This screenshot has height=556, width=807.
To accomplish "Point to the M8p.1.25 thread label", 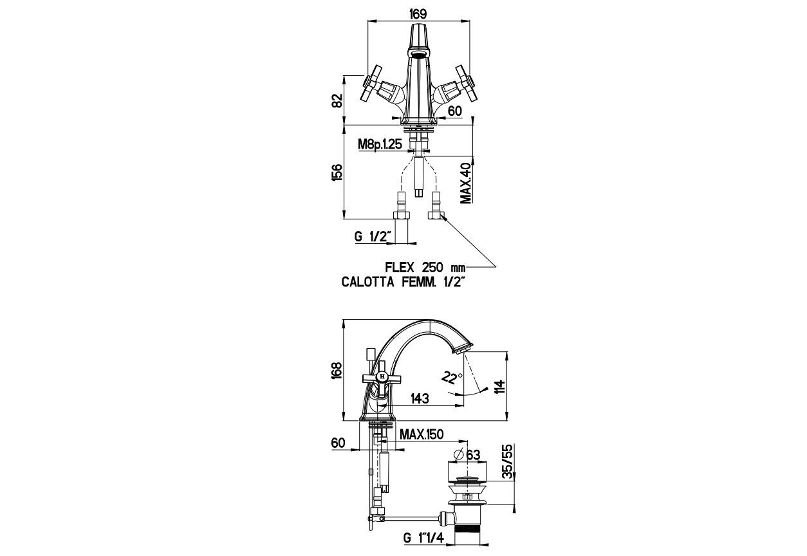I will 381,145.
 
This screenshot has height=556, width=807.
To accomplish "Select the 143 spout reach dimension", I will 419,399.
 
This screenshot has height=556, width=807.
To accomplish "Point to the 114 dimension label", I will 500,385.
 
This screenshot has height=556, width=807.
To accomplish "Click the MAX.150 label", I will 422,435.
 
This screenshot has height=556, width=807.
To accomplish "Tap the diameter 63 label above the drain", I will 468,454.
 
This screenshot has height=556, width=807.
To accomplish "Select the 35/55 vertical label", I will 508,460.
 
